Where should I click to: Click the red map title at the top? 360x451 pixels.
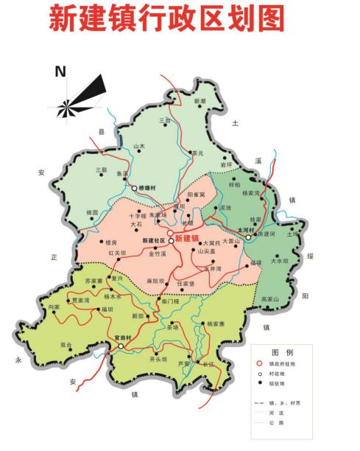point(166,19)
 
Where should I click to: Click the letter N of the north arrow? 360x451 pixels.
point(60,71)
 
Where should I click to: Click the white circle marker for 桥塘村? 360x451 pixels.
point(135,189)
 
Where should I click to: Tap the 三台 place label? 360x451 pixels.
point(165,119)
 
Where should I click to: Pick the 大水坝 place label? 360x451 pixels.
point(280,260)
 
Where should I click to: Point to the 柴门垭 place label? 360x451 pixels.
point(171,301)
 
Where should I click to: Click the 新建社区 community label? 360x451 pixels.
point(153,241)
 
